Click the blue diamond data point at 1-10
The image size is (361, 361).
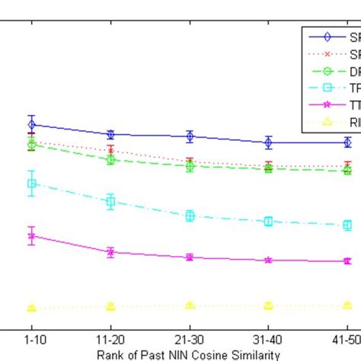point(31,124)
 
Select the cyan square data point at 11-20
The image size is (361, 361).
point(110,202)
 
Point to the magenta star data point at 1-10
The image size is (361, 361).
point(31,236)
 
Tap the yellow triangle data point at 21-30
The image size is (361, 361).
point(190,305)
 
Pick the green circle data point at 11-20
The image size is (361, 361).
point(110,160)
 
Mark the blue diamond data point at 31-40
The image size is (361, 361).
point(268,142)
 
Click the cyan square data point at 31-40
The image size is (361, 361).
point(268,222)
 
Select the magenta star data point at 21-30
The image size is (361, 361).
point(190,257)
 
